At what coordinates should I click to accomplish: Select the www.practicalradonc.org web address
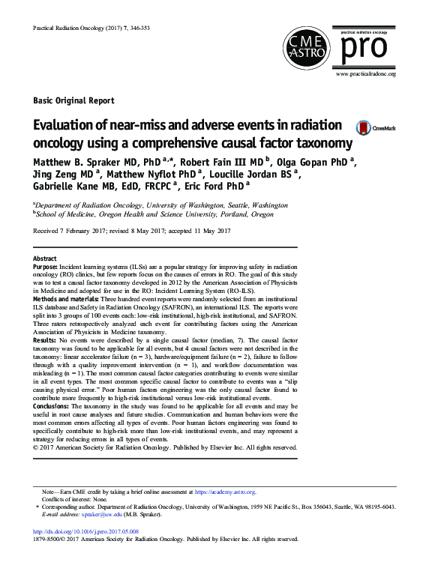click(x=365, y=74)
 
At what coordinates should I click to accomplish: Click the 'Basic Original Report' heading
click(x=73, y=100)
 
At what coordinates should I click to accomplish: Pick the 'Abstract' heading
click(x=45, y=257)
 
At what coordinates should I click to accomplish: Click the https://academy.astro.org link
click(x=224, y=492)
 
